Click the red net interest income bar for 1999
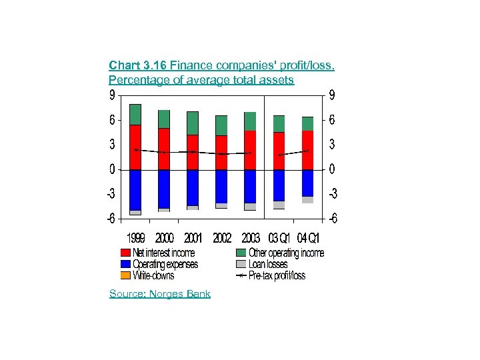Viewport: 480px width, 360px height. coord(135,147)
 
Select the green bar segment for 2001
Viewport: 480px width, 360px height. coord(193,123)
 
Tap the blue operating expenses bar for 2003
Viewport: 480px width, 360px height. coord(250,186)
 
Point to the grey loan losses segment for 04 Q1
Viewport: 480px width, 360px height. coord(307,200)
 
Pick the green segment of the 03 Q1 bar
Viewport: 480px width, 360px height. coord(279,124)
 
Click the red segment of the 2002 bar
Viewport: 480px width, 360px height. coord(221,153)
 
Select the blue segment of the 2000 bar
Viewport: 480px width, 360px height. coord(164,189)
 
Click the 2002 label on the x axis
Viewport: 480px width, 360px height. coord(222,238)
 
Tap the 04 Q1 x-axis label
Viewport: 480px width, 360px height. coord(309,238)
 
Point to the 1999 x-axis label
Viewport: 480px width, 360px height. coord(137,238)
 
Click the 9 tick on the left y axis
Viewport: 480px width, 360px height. coord(111,96)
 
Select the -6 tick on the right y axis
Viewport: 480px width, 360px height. coord(331,219)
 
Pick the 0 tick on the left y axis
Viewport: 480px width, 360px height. coord(111,170)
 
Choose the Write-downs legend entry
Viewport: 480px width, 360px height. coord(153,275)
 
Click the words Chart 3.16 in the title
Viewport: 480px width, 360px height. coord(138,65)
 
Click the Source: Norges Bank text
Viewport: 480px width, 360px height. coord(160,294)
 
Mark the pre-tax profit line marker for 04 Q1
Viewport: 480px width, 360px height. coord(307,151)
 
